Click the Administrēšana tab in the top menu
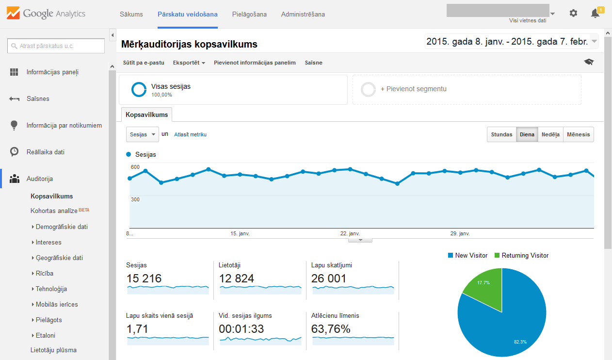pyautogui.click(x=303, y=14)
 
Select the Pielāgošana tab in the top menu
pyautogui.click(x=249, y=14)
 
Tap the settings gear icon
pyautogui.click(x=573, y=13)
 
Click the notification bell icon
pyautogui.click(x=595, y=14)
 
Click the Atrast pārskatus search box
pyautogui.click(x=56, y=46)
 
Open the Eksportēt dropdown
pyautogui.click(x=189, y=63)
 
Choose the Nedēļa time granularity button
pyautogui.click(x=550, y=134)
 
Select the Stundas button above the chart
pyautogui.click(x=501, y=134)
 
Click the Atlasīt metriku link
pyautogui.click(x=190, y=134)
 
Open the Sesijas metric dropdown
pyautogui.click(x=143, y=134)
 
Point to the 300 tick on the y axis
pyautogui.click(x=135, y=199)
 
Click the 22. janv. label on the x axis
pyautogui.click(x=350, y=233)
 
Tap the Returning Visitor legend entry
pyautogui.click(x=522, y=255)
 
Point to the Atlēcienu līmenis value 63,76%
pyautogui.click(x=331, y=328)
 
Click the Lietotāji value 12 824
pyautogui.click(x=236, y=278)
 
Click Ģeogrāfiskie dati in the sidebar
pyautogui.click(x=59, y=258)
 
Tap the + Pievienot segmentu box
pyautogui.click(x=467, y=90)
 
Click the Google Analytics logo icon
pyautogui.click(x=13, y=13)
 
